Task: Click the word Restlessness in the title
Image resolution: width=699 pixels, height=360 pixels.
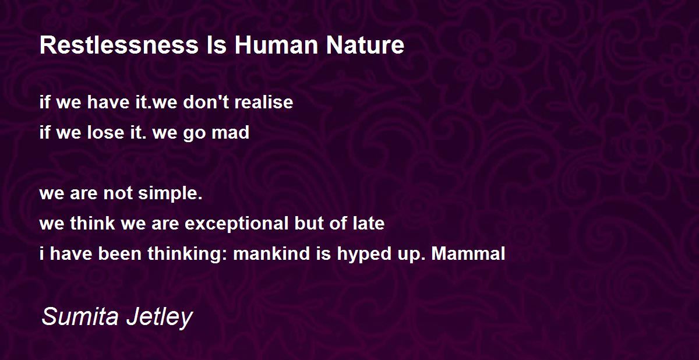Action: tap(119, 45)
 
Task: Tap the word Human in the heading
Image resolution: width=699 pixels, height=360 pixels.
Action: tap(277, 45)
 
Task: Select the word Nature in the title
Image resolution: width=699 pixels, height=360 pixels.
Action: tap(365, 45)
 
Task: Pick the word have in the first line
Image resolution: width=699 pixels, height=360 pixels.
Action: tap(108, 102)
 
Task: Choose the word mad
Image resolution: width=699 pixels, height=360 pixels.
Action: tap(231, 132)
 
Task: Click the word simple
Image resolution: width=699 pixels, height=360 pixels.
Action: tap(170, 194)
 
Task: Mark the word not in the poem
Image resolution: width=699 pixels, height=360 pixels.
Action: tap(118, 193)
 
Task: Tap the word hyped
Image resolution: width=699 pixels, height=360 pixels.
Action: tap(364, 254)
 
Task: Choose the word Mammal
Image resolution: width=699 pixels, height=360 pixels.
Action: tap(468, 253)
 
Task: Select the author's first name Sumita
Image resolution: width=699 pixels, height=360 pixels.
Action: tap(80, 316)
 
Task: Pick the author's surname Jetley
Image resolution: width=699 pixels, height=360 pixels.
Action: tap(160, 317)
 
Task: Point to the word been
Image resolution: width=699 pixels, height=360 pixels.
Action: tap(120, 253)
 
